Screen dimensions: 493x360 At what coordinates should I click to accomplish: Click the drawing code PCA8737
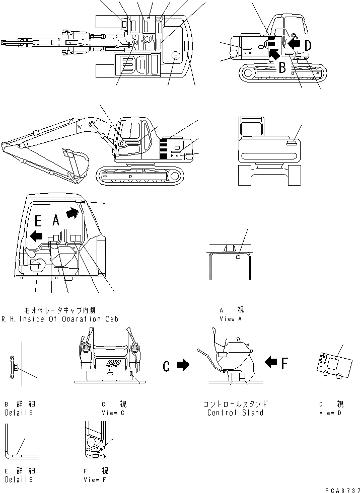[339, 488]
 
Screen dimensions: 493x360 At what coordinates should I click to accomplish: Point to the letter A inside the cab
[56, 219]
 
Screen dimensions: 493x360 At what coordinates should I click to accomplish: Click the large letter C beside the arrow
[167, 367]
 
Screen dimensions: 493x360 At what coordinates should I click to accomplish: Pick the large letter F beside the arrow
[285, 362]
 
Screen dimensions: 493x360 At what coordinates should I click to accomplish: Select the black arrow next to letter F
[270, 361]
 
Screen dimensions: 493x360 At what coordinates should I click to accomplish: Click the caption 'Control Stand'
[235, 413]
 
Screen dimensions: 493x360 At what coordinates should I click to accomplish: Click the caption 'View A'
[227, 319]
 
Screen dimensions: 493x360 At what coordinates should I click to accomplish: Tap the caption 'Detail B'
[19, 413]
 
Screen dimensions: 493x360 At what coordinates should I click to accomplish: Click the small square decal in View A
[237, 258]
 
